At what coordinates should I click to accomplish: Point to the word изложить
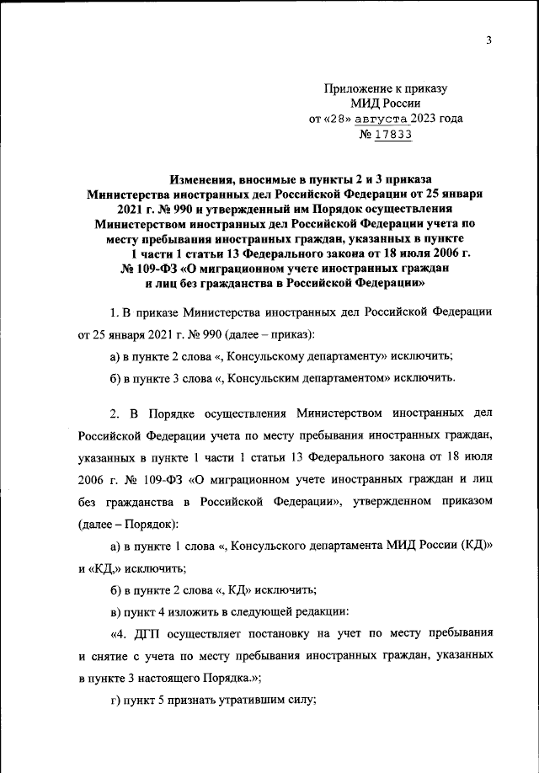click(x=199, y=610)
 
